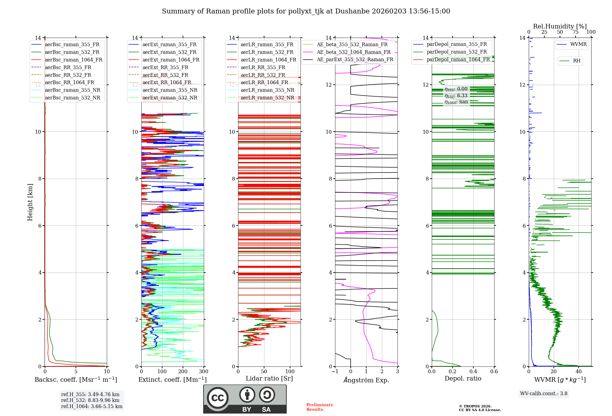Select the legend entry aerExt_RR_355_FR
coord(165,68)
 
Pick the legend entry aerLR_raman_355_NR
coord(267,90)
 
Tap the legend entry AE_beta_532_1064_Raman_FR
coord(353,52)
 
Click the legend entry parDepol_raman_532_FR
coord(457,52)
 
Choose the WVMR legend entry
coord(578,44)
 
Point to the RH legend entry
coord(577,61)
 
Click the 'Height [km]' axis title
coord(30,202)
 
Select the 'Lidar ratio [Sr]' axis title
coord(269,378)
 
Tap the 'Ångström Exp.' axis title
coord(366,380)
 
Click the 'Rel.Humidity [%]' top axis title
coord(560,26)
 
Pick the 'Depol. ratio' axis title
coord(463,378)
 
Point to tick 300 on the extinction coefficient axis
coord(204,372)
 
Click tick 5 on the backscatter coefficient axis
coord(76,372)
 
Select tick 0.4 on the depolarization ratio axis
coord(473,372)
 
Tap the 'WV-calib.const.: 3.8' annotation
coord(544,394)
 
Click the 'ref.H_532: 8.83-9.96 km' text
coord(90,400)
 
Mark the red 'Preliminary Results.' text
coord(319,407)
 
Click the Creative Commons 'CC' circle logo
coord(218,398)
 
